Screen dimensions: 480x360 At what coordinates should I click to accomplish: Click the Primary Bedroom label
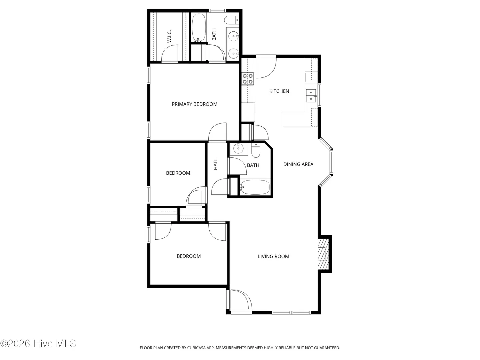click(194, 104)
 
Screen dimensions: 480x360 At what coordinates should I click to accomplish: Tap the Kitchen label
click(279, 91)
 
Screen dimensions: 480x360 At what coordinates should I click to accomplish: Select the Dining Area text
click(298, 164)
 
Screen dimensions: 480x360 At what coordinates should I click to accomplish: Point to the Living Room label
click(273, 256)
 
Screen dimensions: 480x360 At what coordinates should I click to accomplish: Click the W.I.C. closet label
click(169, 36)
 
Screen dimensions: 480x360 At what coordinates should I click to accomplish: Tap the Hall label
click(216, 164)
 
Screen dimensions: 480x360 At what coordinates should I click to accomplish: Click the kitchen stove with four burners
click(248, 79)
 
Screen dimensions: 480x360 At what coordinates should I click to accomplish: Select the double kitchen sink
click(311, 96)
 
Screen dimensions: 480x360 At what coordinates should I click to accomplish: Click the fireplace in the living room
click(323, 254)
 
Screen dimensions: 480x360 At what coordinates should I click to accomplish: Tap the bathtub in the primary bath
click(199, 28)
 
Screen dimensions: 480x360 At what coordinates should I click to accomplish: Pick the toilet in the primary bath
click(231, 20)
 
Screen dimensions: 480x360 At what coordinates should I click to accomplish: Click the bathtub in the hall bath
click(255, 187)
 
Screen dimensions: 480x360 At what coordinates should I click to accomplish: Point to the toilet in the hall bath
click(255, 150)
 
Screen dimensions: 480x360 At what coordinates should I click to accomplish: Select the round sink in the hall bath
click(238, 149)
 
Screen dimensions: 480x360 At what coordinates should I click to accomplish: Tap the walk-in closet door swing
click(169, 54)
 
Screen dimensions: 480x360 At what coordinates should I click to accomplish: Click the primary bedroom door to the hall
click(217, 132)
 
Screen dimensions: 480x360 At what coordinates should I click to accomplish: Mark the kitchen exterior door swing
click(266, 67)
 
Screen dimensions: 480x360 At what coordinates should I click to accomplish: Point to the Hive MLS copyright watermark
click(38, 343)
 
